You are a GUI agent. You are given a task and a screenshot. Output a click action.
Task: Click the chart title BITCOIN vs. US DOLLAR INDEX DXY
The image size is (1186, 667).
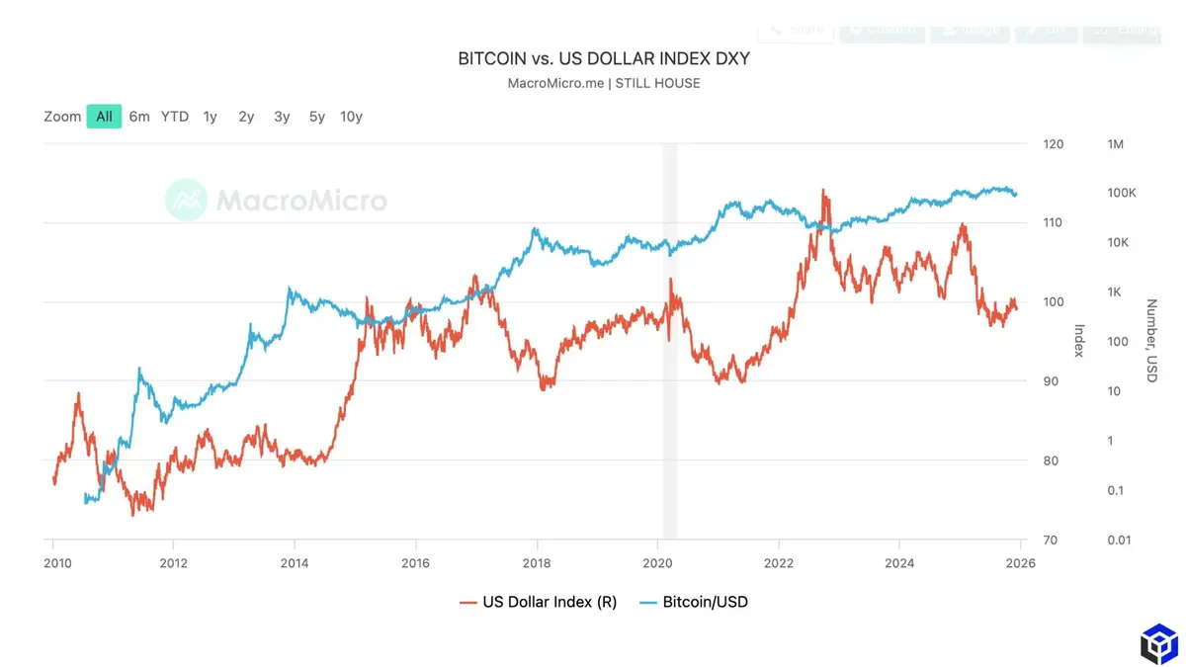pyautogui.click(x=603, y=58)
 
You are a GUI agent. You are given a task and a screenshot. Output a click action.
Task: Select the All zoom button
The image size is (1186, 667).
pyautogui.click(x=104, y=117)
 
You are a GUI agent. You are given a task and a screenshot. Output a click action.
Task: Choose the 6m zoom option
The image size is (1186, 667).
pyautogui.click(x=139, y=117)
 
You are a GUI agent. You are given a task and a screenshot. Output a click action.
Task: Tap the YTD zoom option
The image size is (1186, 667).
pyautogui.click(x=175, y=117)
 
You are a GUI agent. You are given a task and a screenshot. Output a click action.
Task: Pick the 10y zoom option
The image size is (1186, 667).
pyautogui.click(x=351, y=117)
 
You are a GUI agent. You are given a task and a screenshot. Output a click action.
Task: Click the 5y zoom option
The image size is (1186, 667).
pyautogui.click(x=316, y=117)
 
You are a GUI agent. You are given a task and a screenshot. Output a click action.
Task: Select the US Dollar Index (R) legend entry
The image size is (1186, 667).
pyautogui.click(x=538, y=602)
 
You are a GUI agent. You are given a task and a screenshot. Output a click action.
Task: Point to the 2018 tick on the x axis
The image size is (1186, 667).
pyautogui.click(x=537, y=563)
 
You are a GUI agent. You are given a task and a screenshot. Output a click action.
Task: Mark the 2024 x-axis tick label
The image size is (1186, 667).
pyautogui.click(x=899, y=563)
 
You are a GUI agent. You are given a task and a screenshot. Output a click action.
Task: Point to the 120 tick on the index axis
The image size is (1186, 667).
pyautogui.click(x=1053, y=144)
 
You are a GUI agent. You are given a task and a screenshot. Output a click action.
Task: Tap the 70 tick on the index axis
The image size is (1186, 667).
pyautogui.click(x=1051, y=540)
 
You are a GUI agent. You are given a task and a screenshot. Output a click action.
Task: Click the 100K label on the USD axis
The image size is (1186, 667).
pyautogui.click(x=1122, y=193)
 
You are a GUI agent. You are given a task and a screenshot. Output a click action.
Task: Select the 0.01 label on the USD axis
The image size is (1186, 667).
pyautogui.click(x=1120, y=540)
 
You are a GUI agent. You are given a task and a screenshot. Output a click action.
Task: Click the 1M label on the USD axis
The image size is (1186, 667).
pyautogui.click(x=1116, y=144)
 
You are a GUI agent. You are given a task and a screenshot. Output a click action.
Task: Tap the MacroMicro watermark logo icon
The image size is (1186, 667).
pyautogui.click(x=186, y=201)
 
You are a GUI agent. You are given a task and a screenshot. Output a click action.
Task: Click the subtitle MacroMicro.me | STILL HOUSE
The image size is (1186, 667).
pyautogui.click(x=603, y=83)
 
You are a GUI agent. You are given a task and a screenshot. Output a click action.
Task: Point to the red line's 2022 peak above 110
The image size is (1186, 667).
pyautogui.click(x=822, y=192)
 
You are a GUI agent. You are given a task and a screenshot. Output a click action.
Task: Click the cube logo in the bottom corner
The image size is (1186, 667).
pyautogui.click(x=1158, y=643)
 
